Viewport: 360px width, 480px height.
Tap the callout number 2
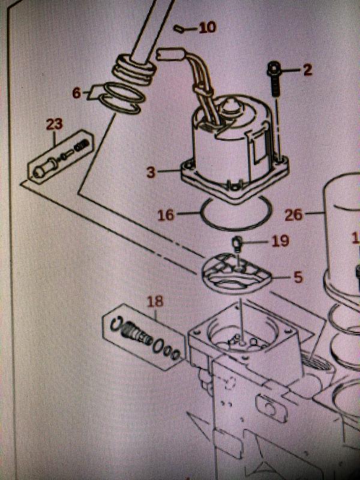click(307, 70)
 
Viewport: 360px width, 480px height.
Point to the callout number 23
click(55, 125)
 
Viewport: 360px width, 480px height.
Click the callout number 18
click(155, 301)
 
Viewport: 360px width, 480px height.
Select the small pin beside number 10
click(179, 28)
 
